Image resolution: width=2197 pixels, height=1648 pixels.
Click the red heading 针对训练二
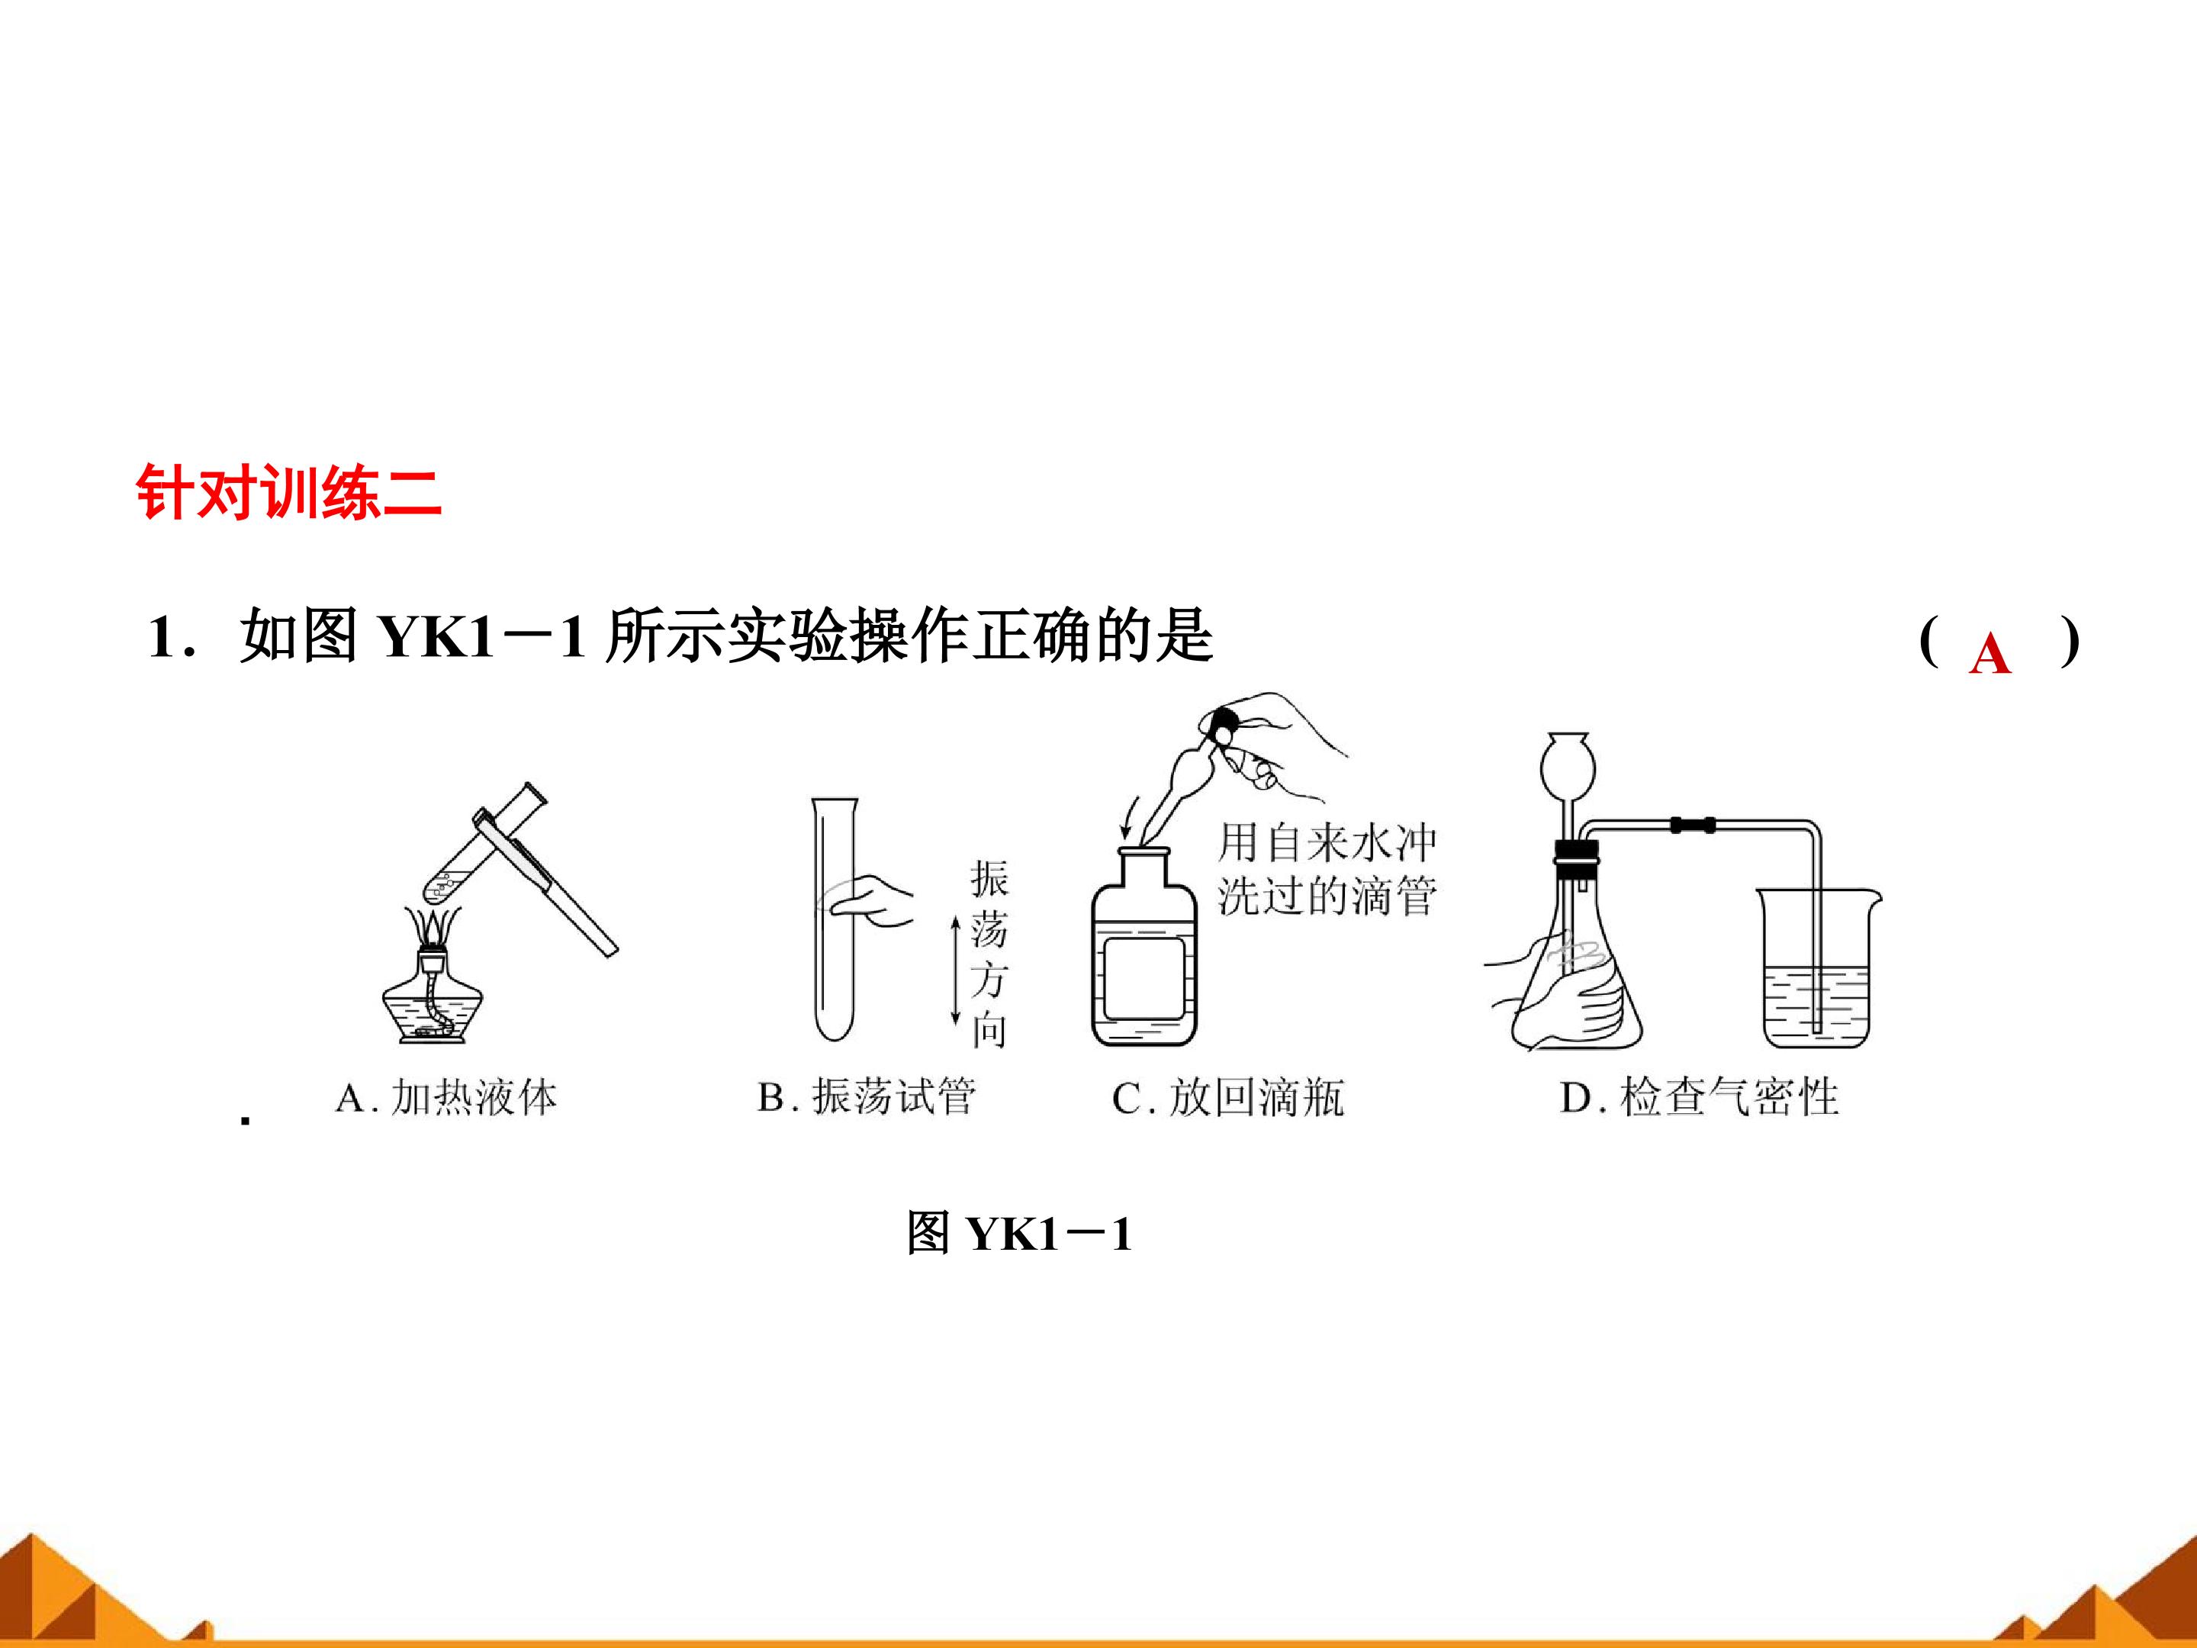point(288,491)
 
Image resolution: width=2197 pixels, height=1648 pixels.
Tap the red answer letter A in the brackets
point(1990,655)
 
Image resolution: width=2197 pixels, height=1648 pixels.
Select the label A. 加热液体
point(446,1098)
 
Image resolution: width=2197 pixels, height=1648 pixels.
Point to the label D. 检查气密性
point(1700,1098)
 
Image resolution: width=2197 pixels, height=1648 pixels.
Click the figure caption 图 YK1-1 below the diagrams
point(1019,1234)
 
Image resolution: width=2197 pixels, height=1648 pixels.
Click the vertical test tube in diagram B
point(835,918)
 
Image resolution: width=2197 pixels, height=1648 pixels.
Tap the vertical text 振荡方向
point(988,954)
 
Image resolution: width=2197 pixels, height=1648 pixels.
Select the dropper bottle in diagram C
point(1144,948)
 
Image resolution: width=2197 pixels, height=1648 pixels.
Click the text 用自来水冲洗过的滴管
point(1327,868)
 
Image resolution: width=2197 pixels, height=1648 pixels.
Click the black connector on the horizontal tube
point(1693,825)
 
